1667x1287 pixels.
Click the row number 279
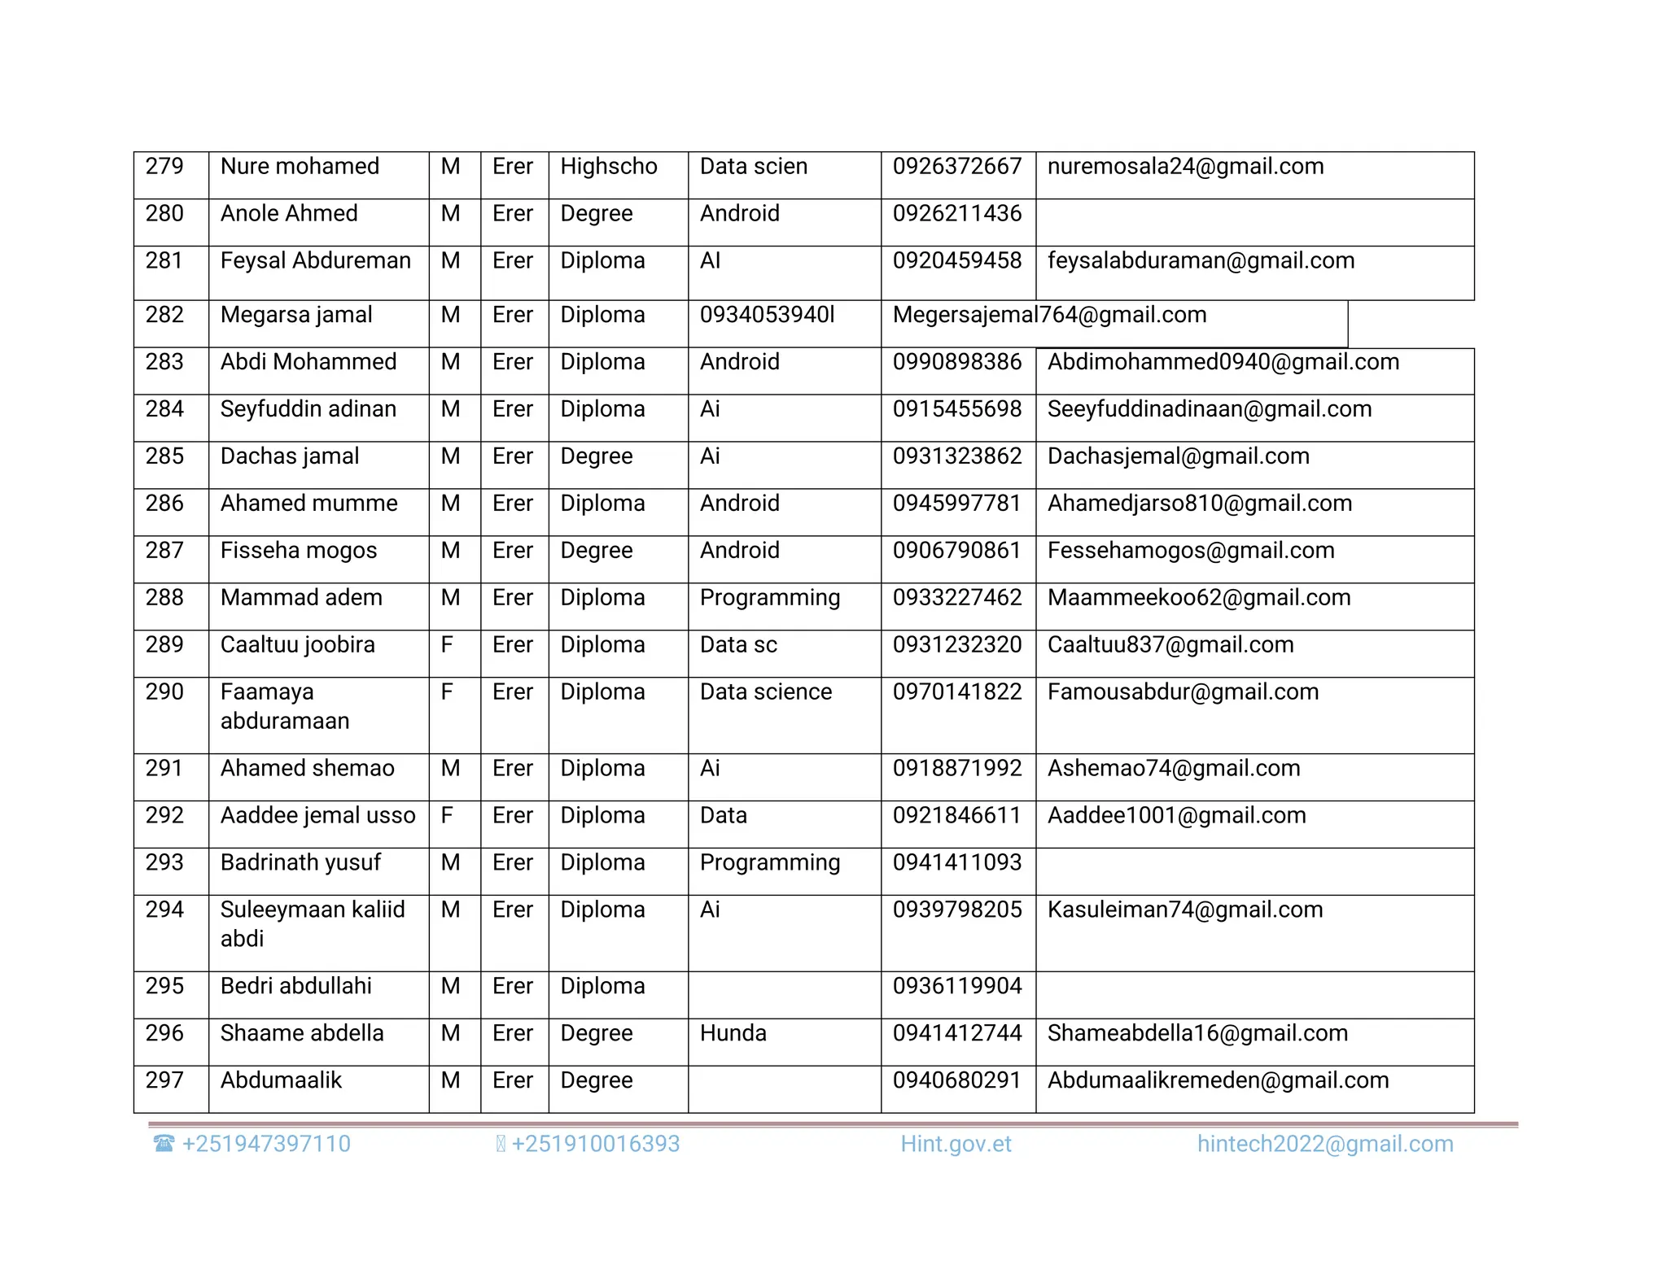tap(164, 167)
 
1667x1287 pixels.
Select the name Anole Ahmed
tap(289, 214)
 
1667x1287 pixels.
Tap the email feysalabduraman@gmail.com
tap(1201, 261)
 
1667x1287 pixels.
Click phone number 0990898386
tap(956, 363)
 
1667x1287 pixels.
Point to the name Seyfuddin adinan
tap(308, 410)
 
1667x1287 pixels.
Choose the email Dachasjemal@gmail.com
tap(1178, 457)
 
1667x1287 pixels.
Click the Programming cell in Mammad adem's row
tap(769, 599)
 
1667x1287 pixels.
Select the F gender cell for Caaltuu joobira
tap(447, 646)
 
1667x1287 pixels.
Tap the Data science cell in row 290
tap(765, 693)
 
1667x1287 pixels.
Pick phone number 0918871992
tap(956, 770)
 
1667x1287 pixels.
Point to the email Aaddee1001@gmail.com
tap(1176, 817)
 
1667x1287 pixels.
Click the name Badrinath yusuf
tap(300, 864)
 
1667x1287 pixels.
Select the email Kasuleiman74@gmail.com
tap(1184, 911)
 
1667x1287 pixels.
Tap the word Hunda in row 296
tap(733, 1035)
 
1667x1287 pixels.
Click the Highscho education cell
tap(608, 167)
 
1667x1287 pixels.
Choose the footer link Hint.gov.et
tap(956, 1145)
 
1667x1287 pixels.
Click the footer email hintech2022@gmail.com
tap(1324, 1145)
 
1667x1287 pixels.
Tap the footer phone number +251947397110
tap(265, 1145)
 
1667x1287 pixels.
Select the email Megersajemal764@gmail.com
tap(1049, 316)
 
